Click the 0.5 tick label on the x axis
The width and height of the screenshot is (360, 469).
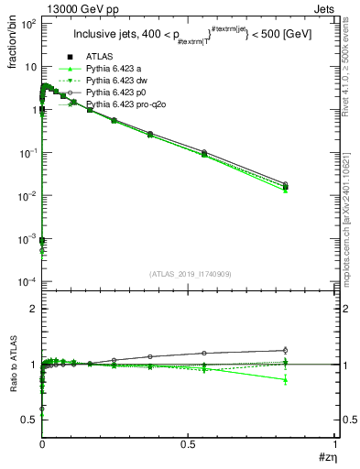pos(188,443)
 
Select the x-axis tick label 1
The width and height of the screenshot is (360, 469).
pos(335,443)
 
